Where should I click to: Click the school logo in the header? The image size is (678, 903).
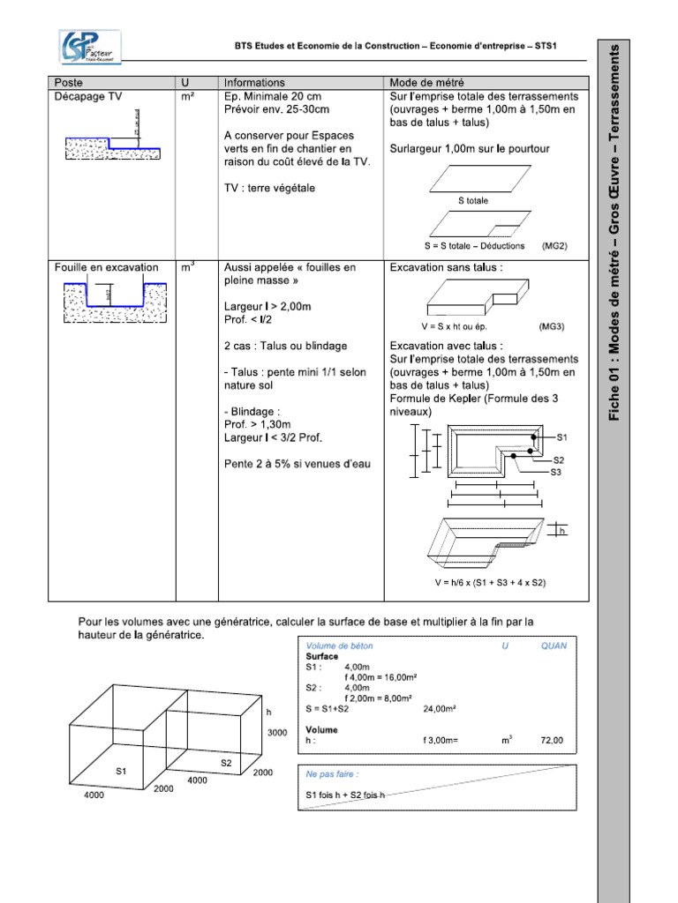[x=90, y=47]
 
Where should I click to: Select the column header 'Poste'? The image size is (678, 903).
[x=69, y=82]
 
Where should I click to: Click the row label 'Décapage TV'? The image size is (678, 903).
[x=88, y=96]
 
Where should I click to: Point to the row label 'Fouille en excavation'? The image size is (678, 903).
[x=106, y=266]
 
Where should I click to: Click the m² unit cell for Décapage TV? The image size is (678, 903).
[x=187, y=96]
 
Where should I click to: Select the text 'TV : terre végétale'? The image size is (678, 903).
[x=269, y=188]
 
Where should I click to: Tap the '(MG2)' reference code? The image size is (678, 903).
[x=554, y=246]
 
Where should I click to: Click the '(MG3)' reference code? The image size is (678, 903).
[x=551, y=325]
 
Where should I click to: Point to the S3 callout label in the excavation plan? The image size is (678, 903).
[x=556, y=473]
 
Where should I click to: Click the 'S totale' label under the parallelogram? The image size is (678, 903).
[x=472, y=201]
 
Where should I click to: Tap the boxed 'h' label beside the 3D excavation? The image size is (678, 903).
[x=559, y=531]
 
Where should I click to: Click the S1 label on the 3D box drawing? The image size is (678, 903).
[x=122, y=770]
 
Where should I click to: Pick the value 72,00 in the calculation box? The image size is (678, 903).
[x=552, y=741]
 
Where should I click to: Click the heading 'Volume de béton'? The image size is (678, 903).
[x=339, y=646]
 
